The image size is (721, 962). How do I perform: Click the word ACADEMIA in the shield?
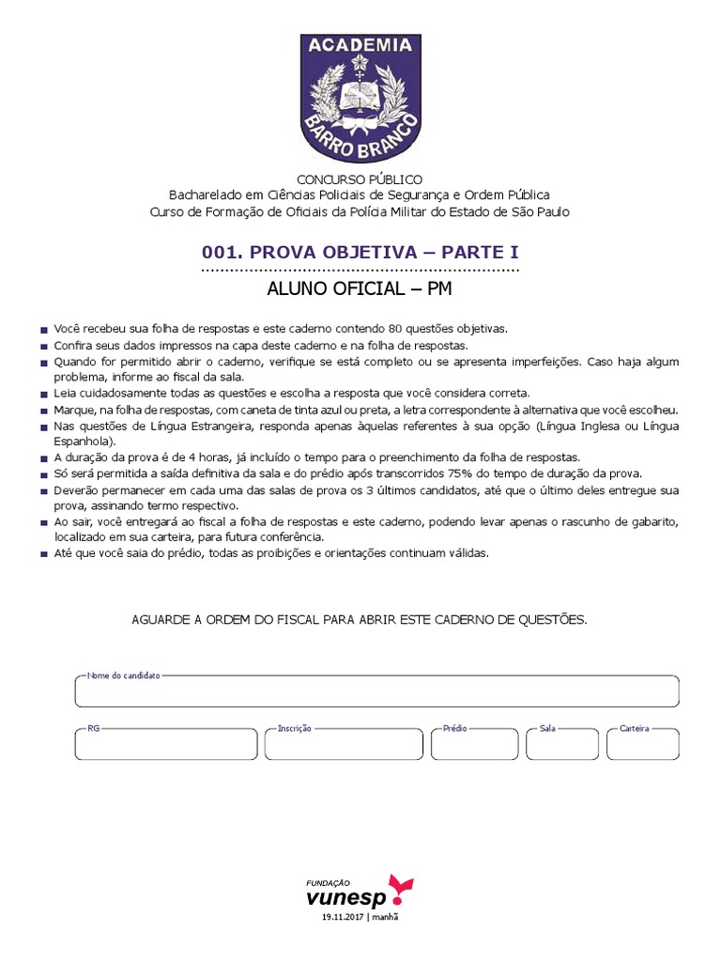360,45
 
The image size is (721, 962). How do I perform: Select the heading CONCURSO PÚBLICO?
360,179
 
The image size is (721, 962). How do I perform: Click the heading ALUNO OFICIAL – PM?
360,289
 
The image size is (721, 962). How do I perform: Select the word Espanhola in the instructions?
84,441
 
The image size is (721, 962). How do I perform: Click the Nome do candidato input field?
376,692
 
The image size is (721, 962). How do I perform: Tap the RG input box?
166,745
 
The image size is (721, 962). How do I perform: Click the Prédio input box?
474,745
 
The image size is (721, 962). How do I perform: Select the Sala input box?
562,745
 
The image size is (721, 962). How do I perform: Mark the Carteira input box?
642,745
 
